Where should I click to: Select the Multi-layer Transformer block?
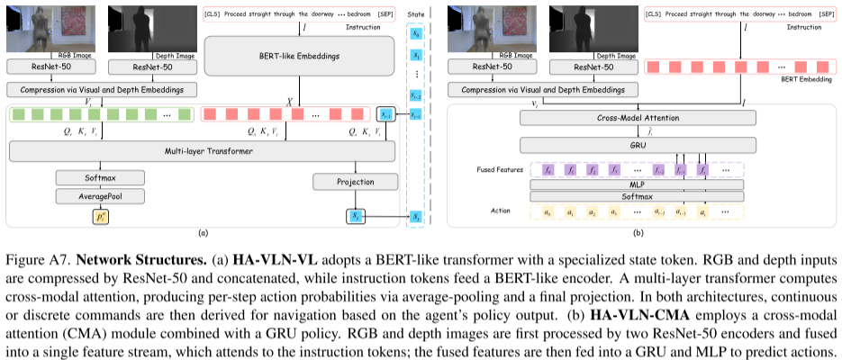(x=201, y=151)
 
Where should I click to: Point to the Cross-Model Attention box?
(x=638, y=119)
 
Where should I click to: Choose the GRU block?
(x=638, y=144)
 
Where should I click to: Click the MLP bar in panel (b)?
(x=638, y=184)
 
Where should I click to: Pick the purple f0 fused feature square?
(x=547, y=168)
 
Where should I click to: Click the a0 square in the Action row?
(x=547, y=212)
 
